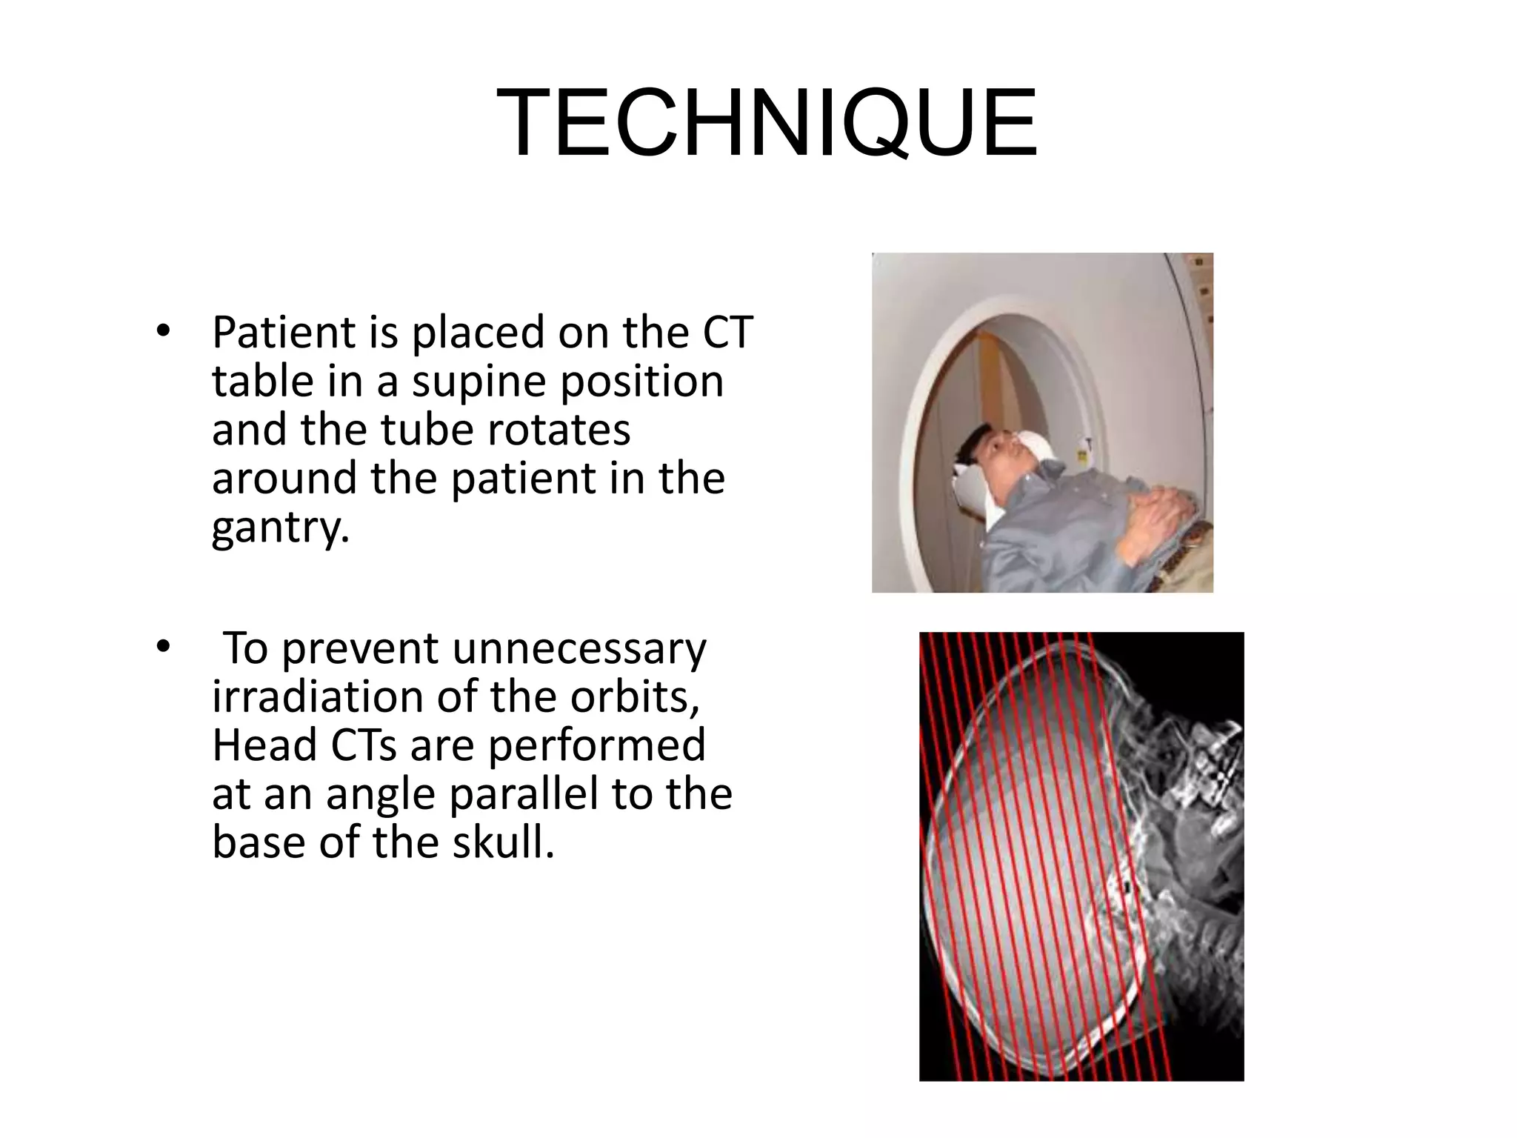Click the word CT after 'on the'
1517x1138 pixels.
click(727, 333)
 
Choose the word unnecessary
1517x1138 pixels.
click(579, 648)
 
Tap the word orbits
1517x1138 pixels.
click(635, 697)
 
